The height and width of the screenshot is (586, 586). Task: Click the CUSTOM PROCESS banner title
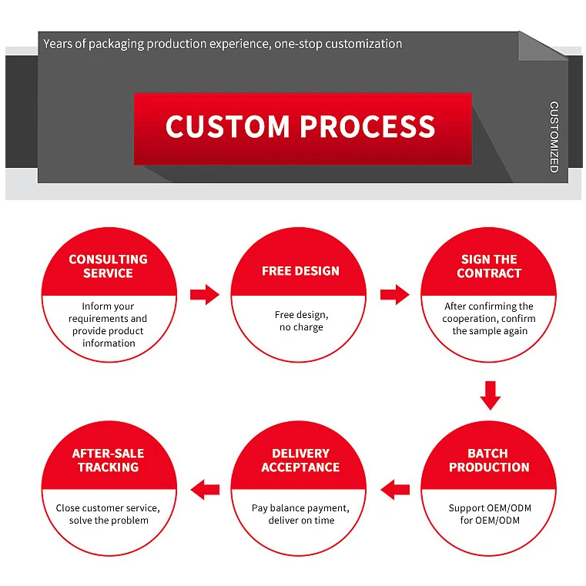coord(300,127)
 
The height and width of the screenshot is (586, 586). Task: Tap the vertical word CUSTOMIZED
coord(554,136)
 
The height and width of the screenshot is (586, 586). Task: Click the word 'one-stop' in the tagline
coord(296,44)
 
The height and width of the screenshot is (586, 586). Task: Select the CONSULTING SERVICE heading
coord(108,266)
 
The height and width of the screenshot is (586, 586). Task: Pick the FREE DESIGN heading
coord(300,271)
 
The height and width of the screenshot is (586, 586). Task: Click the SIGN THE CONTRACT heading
coord(489,266)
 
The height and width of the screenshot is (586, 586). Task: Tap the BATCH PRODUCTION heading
coord(489,460)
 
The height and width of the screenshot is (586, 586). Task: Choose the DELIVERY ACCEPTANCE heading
coord(300,460)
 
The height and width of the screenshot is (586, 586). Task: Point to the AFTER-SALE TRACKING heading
coord(108,460)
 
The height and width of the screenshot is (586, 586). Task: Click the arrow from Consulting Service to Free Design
coord(205,294)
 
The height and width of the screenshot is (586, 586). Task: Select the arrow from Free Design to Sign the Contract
coord(394,294)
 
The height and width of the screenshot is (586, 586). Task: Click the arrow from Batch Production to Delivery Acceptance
coord(395,488)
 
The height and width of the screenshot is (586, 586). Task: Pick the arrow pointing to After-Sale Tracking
coord(205,488)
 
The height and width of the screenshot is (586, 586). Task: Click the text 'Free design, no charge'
coord(300,321)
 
